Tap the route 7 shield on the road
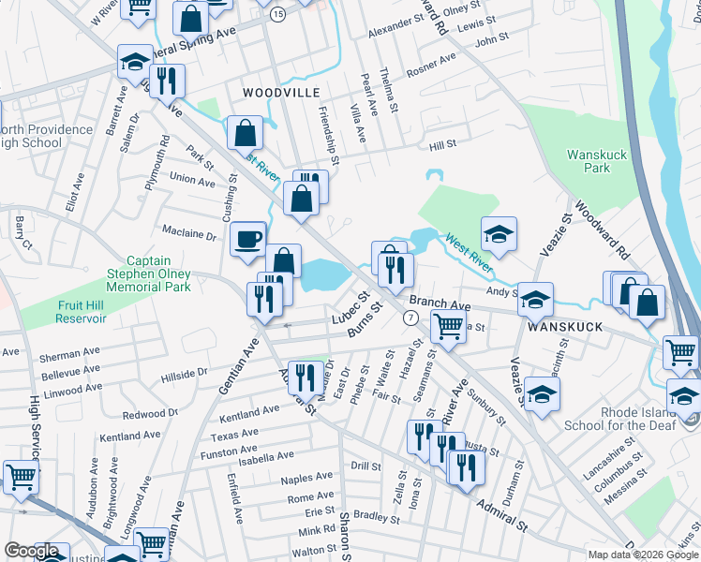[x=410, y=318]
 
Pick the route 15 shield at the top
[x=277, y=15]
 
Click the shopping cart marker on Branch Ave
[x=448, y=325]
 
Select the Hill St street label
[x=441, y=144]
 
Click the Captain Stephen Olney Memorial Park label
[x=159, y=274]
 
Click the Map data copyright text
[x=643, y=555]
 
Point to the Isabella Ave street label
[x=265, y=456]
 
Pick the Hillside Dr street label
[x=183, y=374]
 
